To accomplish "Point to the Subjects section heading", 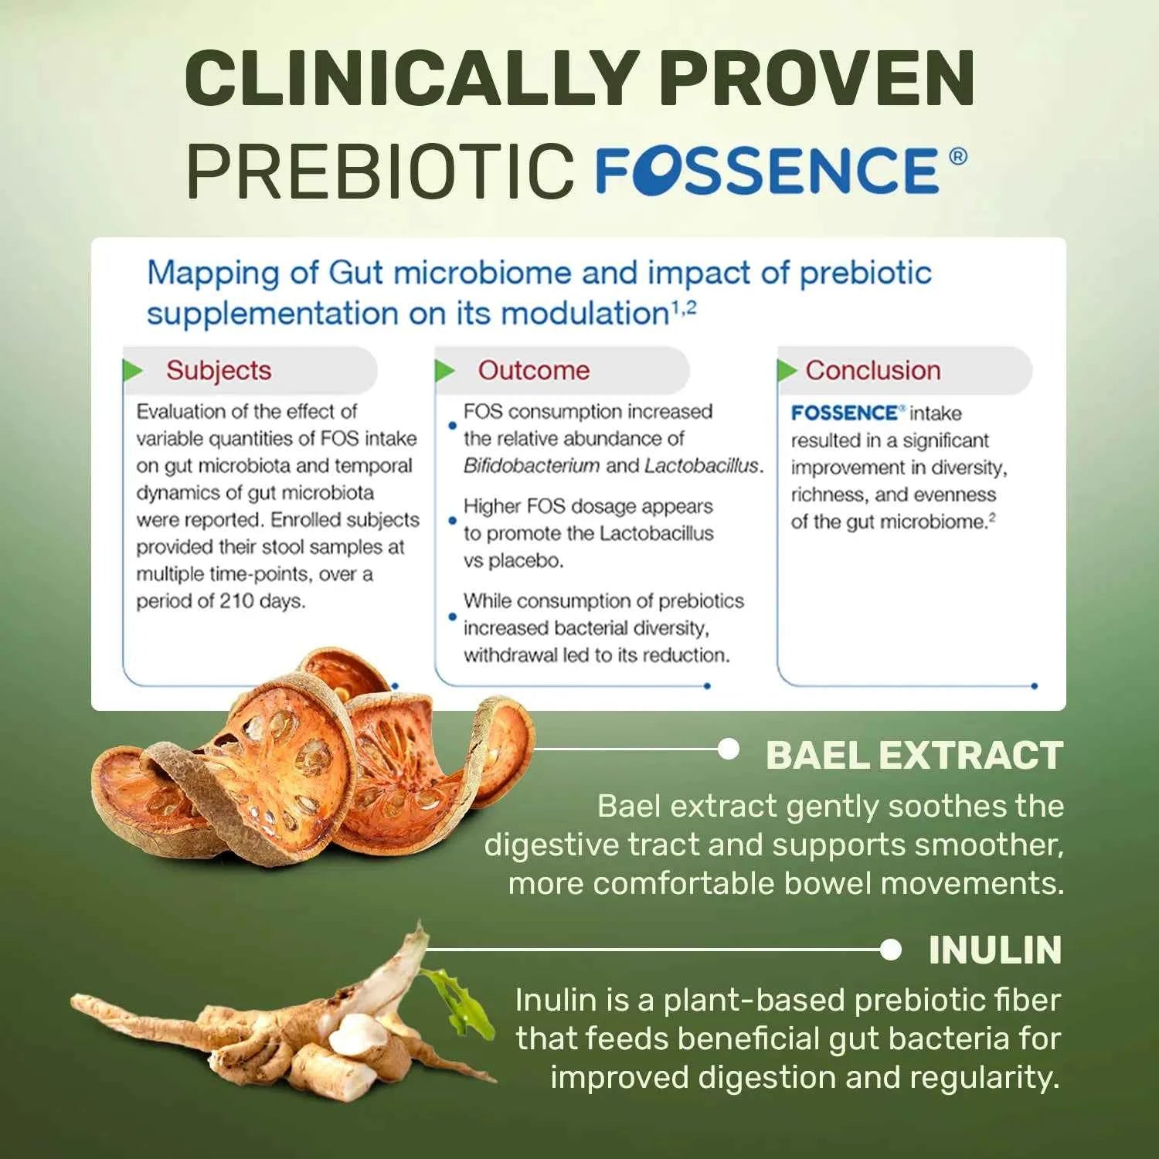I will pyautogui.click(x=219, y=371).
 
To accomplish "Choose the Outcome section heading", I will pyautogui.click(x=533, y=371).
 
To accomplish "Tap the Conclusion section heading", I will pyautogui.click(x=872, y=371).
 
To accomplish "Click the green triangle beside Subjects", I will pyautogui.click(x=133, y=371).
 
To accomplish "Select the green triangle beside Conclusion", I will pyautogui.click(x=787, y=371).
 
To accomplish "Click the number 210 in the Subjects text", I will pyautogui.click(x=236, y=601).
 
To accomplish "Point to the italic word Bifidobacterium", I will pyautogui.click(x=531, y=466).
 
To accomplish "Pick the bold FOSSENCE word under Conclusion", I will pyautogui.click(x=844, y=413).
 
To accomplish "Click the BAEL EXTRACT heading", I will pyautogui.click(x=914, y=756).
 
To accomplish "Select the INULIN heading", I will pyautogui.click(x=995, y=950).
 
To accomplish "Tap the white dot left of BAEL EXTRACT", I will pyautogui.click(x=728, y=749).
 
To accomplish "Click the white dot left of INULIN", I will pyautogui.click(x=890, y=950).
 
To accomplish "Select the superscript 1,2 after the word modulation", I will pyautogui.click(x=684, y=308).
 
